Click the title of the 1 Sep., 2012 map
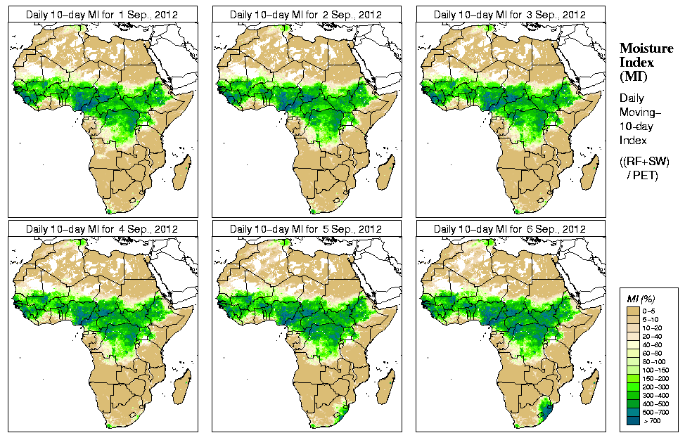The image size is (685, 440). (102, 14)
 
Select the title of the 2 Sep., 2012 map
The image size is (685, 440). (306, 14)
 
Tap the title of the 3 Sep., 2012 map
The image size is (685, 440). (510, 14)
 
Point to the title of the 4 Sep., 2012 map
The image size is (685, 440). (102, 229)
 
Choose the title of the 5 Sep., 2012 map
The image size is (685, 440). (306, 229)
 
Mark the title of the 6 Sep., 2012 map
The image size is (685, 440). (510, 229)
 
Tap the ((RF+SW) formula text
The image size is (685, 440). (645, 162)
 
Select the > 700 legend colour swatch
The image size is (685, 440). (632, 420)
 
